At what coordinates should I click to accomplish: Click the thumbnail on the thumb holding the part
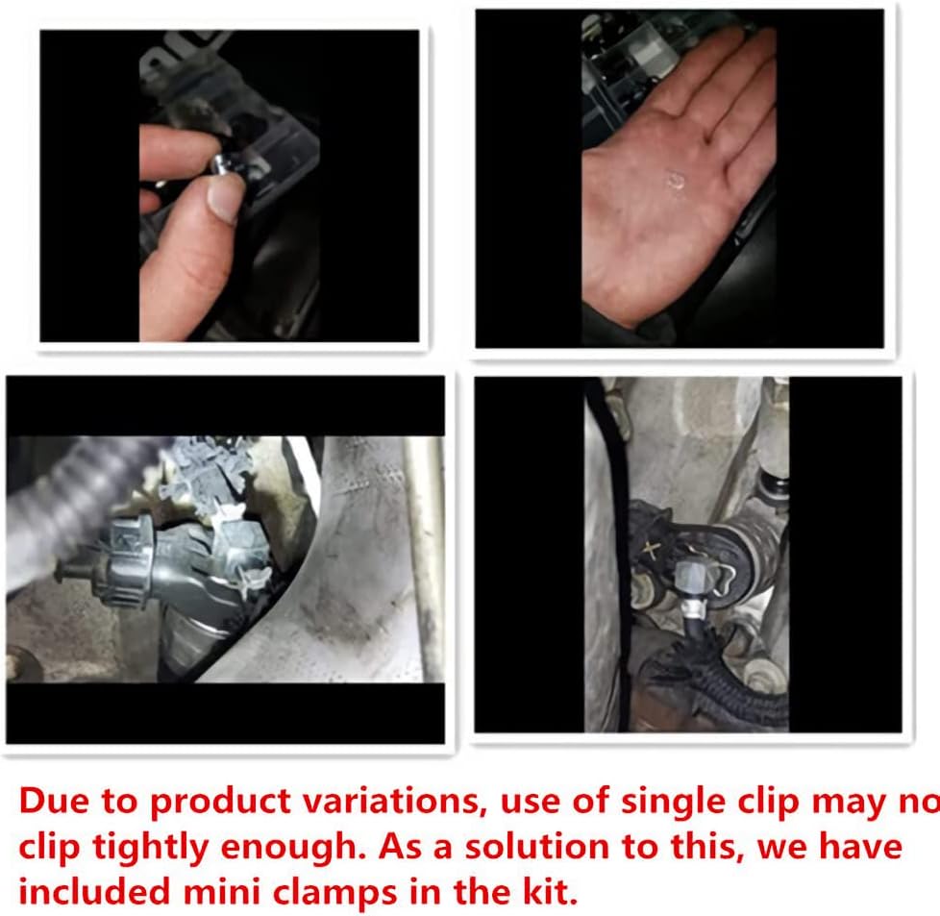pos(226,197)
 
